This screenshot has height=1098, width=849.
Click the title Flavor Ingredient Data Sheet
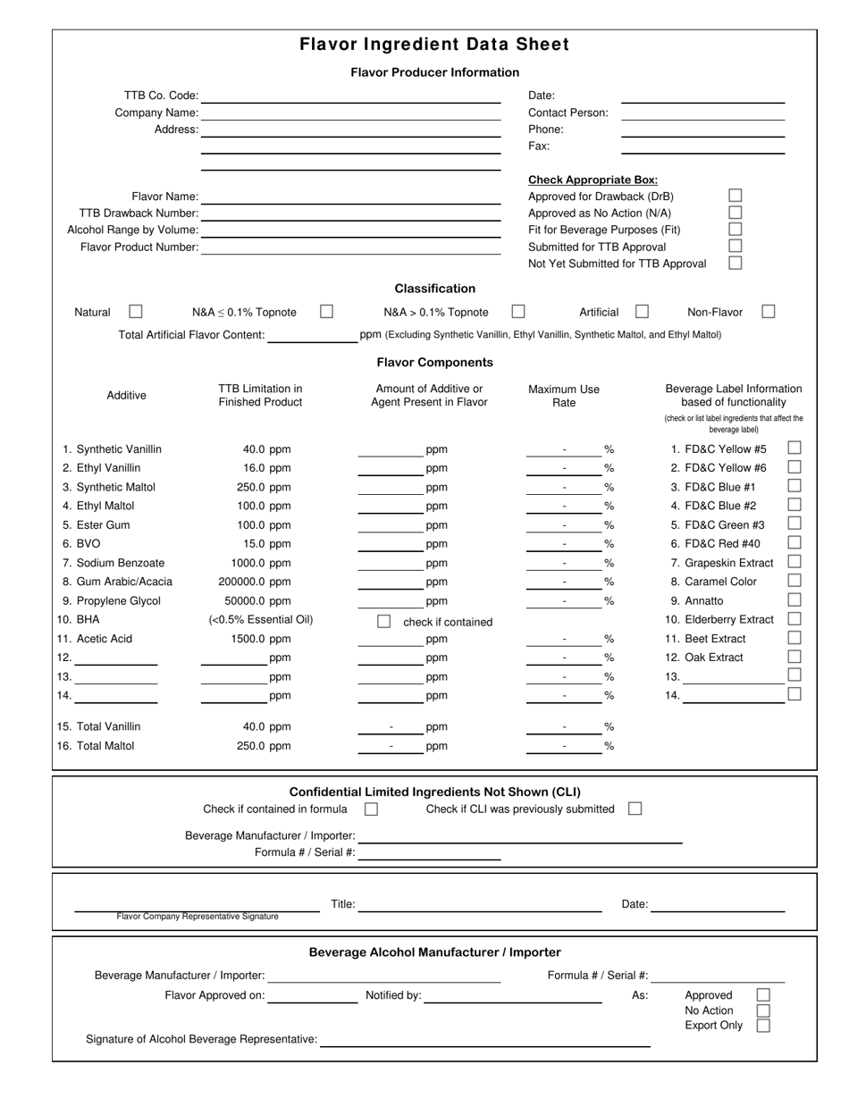click(434, 45)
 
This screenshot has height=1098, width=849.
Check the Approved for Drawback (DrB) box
click(735, 196)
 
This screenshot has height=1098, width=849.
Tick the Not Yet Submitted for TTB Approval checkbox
click(735, 263)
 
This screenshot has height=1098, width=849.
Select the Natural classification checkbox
click(136, 312)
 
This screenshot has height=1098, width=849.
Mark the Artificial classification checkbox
click(642, 312)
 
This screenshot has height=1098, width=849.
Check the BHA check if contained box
click(383, 621)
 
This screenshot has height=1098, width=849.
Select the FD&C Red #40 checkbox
click(794, 542)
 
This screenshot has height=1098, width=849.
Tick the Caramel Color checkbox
click(794, 581)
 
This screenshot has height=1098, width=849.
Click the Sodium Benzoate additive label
click(120, 563)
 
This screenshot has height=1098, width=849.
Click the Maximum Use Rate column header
click(564, 396)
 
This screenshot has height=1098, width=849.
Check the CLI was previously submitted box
click(635, 809)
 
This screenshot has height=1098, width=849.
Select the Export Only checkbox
click(763, 1026)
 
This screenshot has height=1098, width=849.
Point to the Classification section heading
click(434, 289)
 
